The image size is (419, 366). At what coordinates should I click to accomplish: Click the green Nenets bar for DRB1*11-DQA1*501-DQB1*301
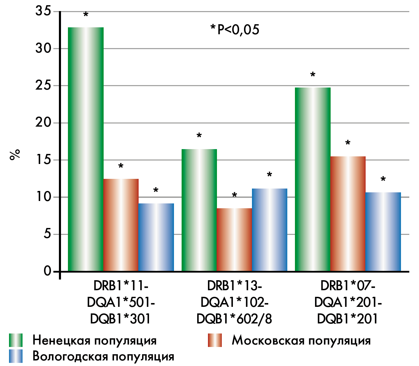click(86, 149)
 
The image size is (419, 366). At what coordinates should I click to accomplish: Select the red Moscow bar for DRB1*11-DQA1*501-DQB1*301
click(121, 225)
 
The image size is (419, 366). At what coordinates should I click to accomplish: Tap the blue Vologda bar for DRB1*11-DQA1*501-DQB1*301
click(156, 237)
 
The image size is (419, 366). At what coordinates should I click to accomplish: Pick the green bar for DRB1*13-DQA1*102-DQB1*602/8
click(199, 210)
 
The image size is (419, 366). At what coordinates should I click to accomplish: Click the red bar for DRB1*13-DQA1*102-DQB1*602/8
click(234, 239)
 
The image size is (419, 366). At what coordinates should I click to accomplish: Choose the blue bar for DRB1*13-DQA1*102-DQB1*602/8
click(270, 230)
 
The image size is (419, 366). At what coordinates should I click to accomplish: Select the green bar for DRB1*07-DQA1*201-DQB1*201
click(313, 179)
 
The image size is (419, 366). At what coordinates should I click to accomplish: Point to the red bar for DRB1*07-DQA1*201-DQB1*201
click(348, 213)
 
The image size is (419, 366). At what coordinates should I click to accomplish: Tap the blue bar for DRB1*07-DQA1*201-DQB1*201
click(383, 231)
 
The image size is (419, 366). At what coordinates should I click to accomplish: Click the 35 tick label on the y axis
click(43, 11)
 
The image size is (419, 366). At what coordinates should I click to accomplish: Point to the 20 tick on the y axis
click(43, 123)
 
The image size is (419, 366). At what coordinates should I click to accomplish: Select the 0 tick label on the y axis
click(47, 271)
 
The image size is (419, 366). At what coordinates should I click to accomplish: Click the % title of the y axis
click(15, 155)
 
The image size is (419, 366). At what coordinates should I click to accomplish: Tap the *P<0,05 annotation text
click(235, 30)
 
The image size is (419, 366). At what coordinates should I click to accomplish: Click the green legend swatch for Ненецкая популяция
click(16, 340)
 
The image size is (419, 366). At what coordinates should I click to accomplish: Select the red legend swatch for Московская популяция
click(215, 340)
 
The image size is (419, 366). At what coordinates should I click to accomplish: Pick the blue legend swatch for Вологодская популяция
click(16, 356)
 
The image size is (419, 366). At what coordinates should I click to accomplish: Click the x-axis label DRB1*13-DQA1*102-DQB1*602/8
click(234, 303)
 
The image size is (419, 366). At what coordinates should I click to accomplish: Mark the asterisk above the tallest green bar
click(86, 15)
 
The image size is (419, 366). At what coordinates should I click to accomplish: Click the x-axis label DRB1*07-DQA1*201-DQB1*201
click(348, 303)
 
